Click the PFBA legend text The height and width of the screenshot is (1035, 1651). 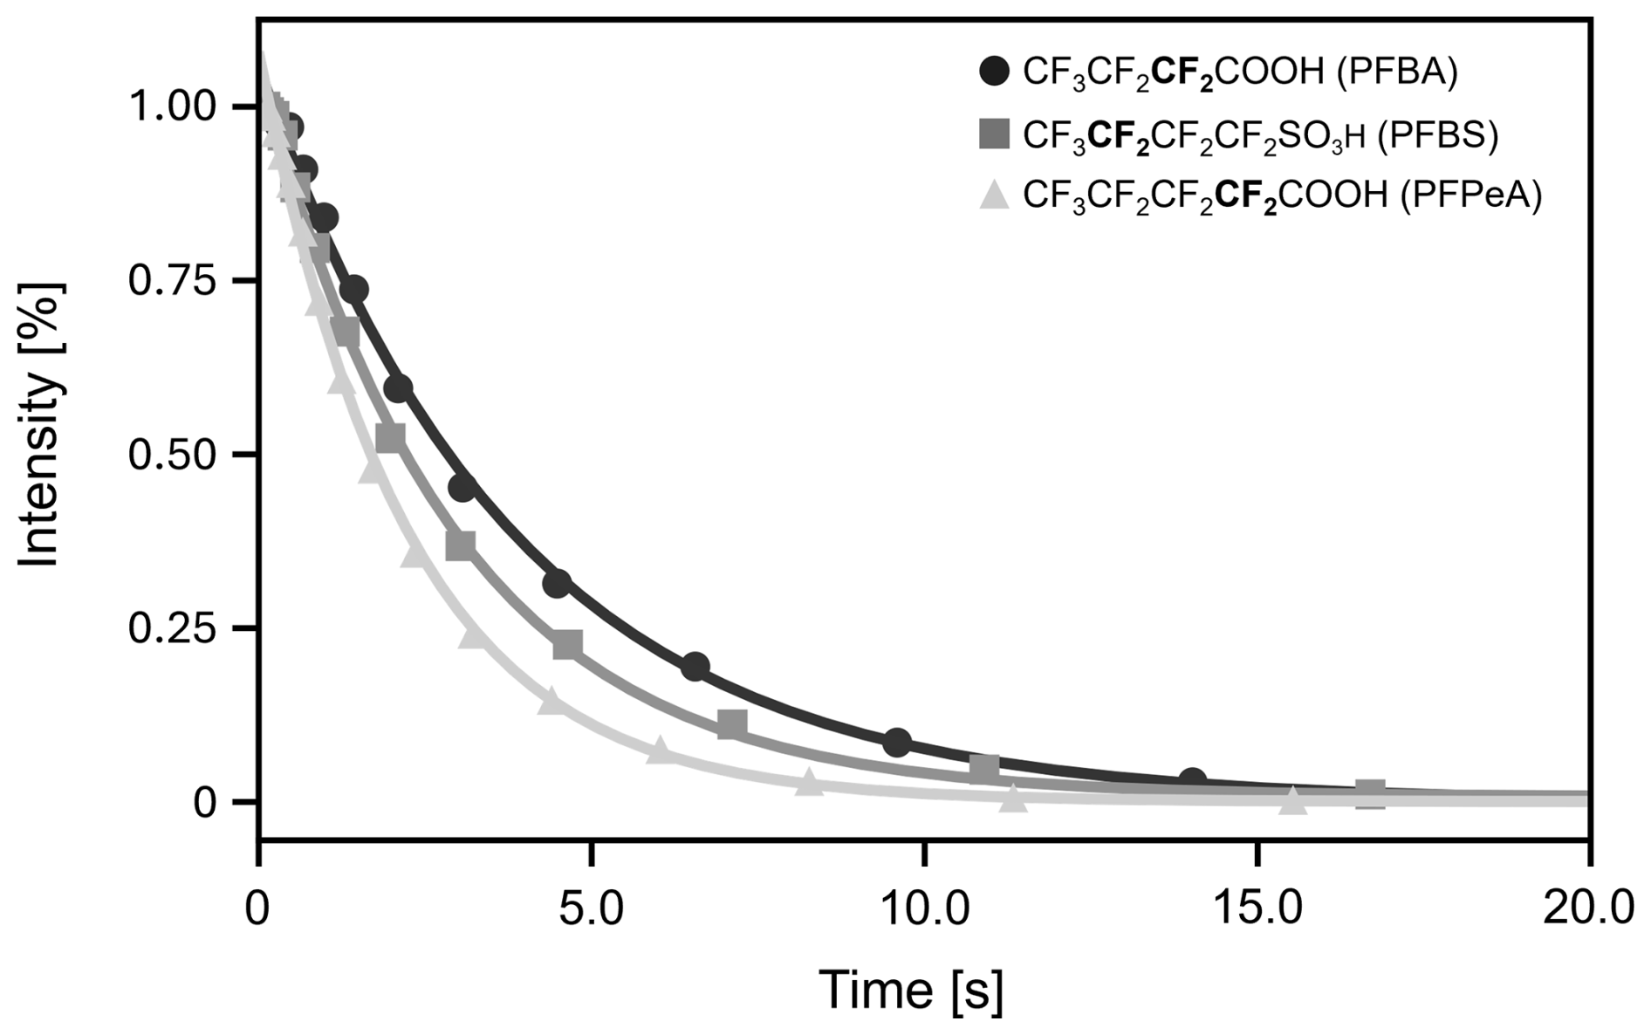click(1239, 72)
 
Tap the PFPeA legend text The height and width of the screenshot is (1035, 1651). click(1282, 195)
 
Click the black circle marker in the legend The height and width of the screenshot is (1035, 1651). click(994, 72)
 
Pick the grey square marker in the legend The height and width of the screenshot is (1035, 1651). click(994, 134)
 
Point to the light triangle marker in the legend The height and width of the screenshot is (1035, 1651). click(994, 195)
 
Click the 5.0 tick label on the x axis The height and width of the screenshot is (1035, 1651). click(593, 909)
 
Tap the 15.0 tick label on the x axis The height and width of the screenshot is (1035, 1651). click(1257, 909)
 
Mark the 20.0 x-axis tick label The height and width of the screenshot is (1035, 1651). click(1588, 909)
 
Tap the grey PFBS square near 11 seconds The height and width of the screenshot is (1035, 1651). click(984, 769)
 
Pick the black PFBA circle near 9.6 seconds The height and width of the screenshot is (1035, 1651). click(897, 744)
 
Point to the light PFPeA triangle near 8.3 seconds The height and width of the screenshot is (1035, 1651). click(810, 783)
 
